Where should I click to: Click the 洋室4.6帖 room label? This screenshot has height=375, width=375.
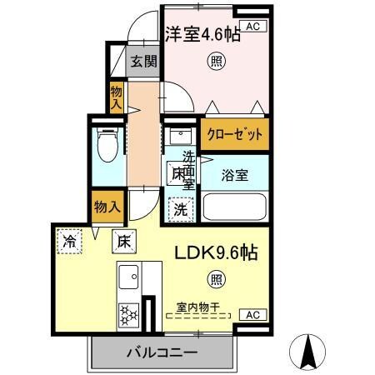[203, 36]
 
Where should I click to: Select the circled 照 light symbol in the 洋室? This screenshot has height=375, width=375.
[216, 61]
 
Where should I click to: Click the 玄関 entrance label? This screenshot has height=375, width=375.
[141, 62]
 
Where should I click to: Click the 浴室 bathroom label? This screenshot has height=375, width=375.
[233, 176]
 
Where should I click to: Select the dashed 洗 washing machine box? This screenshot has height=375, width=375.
[179, 209]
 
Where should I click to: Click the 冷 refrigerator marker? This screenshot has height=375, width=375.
[68, 242]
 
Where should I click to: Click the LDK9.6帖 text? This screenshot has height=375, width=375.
[215, 254]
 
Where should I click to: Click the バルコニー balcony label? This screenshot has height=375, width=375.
[162, 352]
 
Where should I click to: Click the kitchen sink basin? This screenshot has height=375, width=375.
[128, 276]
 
